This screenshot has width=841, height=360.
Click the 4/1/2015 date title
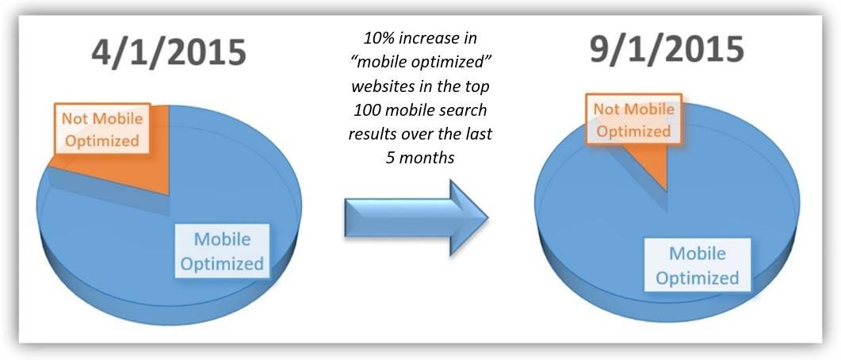pyautogui.click(x=168, y=53)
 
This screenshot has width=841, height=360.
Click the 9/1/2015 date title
pyautogui.click(x=667, y=50)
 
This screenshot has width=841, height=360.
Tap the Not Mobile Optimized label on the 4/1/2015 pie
pyautogui.click(x=102, y=129)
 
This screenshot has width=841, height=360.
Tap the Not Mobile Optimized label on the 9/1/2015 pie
pyautogui.click(x=633, y=120)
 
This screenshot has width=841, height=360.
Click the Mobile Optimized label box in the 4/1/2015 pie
pyautogui.click(x=222, y=251)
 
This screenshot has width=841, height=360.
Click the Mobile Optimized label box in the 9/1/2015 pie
pyautogui.click(x=698, y=265)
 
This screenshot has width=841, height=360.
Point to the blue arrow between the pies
pyautogui.click(x=416, y=218)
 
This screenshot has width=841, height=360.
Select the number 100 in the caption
pyautogui.click(x=366, y=110)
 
